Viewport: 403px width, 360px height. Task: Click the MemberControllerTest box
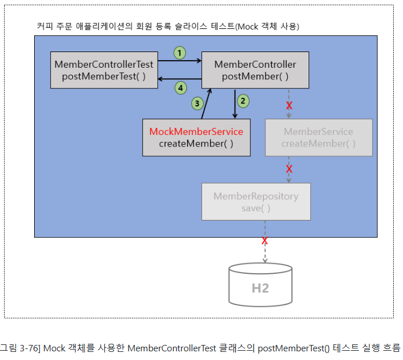click(104, 70)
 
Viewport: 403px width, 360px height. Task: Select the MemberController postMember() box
click(255, 70)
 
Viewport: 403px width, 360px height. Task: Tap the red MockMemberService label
click(196, 131)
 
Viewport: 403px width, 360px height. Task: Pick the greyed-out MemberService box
click(318, 137)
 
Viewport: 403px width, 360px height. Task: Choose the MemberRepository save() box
click(256, 201)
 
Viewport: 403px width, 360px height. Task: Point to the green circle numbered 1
click(180, 53)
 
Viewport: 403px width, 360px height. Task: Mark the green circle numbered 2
click(244, 100)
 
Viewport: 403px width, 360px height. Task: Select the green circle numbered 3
click(197, 104)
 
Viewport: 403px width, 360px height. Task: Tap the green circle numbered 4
click(181, 88)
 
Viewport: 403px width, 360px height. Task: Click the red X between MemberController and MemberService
click(289, 106)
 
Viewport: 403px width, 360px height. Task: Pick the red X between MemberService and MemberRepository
click(289, 169)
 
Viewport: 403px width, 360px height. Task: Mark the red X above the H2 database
click(265, 240)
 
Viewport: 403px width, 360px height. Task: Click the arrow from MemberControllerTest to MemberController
click(179, 60)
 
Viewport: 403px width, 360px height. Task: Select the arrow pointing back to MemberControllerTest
click(179, 79)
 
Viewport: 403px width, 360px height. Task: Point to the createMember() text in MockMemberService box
click(196, 144)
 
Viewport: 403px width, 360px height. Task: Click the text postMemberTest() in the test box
click(104, 76)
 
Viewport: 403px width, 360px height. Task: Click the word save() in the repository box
click(256, 208)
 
